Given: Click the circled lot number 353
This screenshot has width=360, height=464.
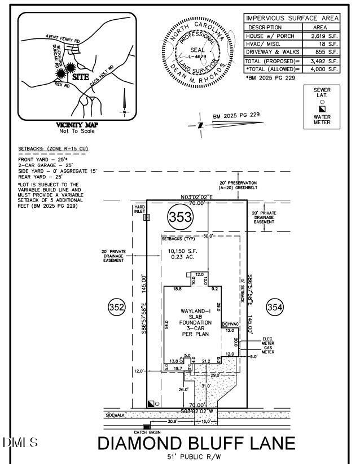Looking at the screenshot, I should (180, 216).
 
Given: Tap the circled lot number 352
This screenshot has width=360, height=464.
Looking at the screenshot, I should (116, 308).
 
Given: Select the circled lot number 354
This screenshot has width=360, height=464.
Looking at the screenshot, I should (274, 308).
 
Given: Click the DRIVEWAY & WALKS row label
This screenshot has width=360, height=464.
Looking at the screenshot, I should (273, 52).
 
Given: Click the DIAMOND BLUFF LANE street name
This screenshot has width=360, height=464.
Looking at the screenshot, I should (196, 443).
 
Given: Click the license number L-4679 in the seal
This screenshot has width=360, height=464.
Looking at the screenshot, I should (197, 56).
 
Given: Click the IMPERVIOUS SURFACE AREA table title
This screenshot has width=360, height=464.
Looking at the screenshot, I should (292, 18).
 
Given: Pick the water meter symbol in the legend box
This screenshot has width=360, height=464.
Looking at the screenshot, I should (322, 108).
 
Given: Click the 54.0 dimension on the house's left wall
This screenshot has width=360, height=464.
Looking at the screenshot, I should (166, 325).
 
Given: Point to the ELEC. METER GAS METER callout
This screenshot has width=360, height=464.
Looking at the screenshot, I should (267, 345).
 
